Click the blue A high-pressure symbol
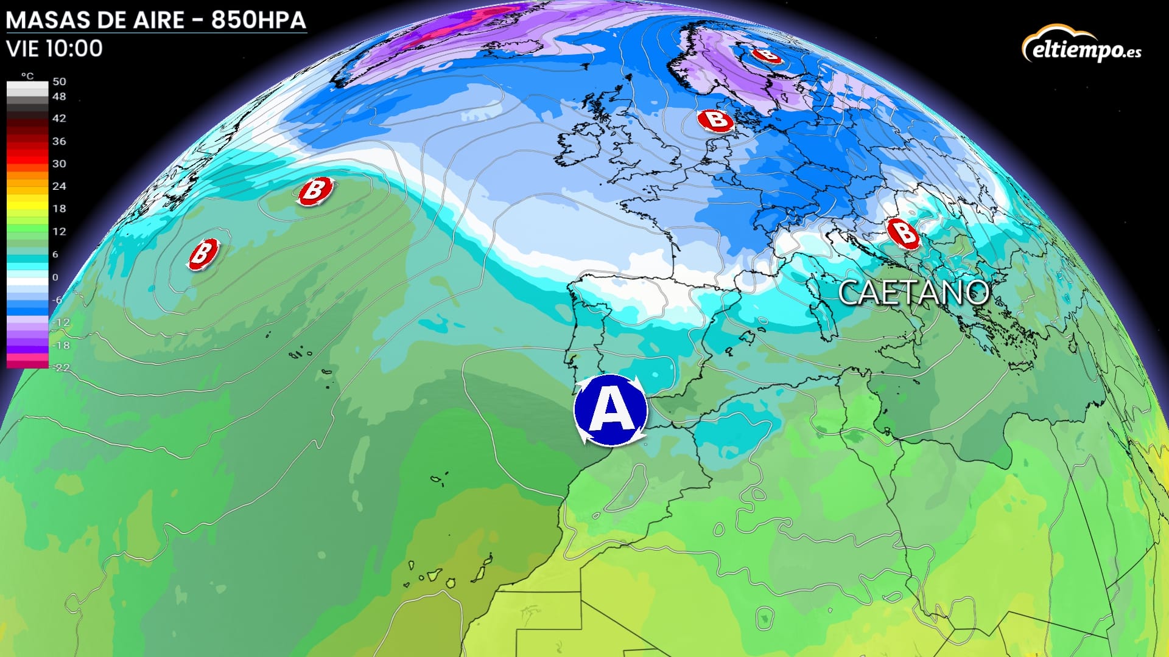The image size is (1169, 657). click(611, 411)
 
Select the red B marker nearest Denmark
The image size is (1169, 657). click(716, 120)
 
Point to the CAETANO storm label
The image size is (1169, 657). click(913, 293)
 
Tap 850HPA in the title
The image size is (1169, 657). click(258, 21)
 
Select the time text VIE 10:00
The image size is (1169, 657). click(55, 49)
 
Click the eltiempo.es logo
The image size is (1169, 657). click(1081, 46)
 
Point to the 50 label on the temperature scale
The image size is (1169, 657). click(59, 82)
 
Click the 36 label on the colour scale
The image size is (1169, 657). click(59, 141)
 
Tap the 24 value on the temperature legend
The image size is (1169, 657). click(59, 186)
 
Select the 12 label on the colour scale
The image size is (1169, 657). click(59, 232)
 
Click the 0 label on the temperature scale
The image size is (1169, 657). click(55, 277)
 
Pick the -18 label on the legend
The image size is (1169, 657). click(61, 346)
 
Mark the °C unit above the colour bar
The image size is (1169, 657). click(27, 76)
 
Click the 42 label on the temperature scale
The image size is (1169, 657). click(59, 119)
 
